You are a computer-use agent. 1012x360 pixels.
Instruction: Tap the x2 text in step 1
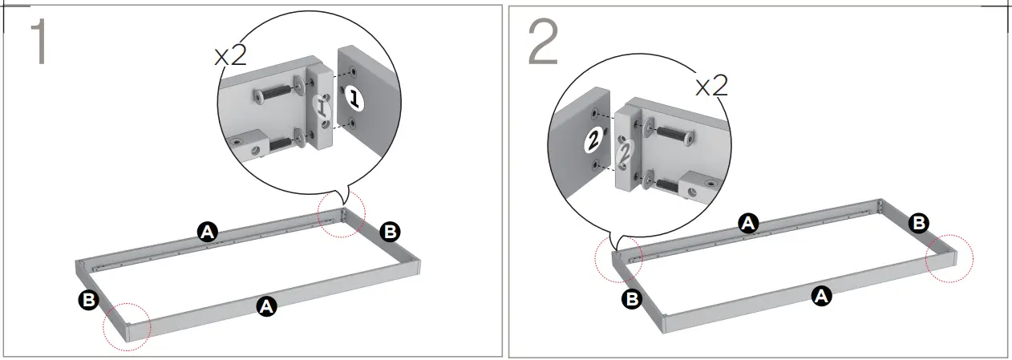230,56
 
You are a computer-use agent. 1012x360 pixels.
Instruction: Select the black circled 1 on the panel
354,99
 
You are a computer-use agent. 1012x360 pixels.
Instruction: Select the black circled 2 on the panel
592,139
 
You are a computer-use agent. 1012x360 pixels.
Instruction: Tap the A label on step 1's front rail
267,305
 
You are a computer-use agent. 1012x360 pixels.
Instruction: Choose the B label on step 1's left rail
88,301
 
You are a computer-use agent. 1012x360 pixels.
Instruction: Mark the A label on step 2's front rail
820,296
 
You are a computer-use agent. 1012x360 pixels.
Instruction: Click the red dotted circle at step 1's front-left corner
127,326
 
